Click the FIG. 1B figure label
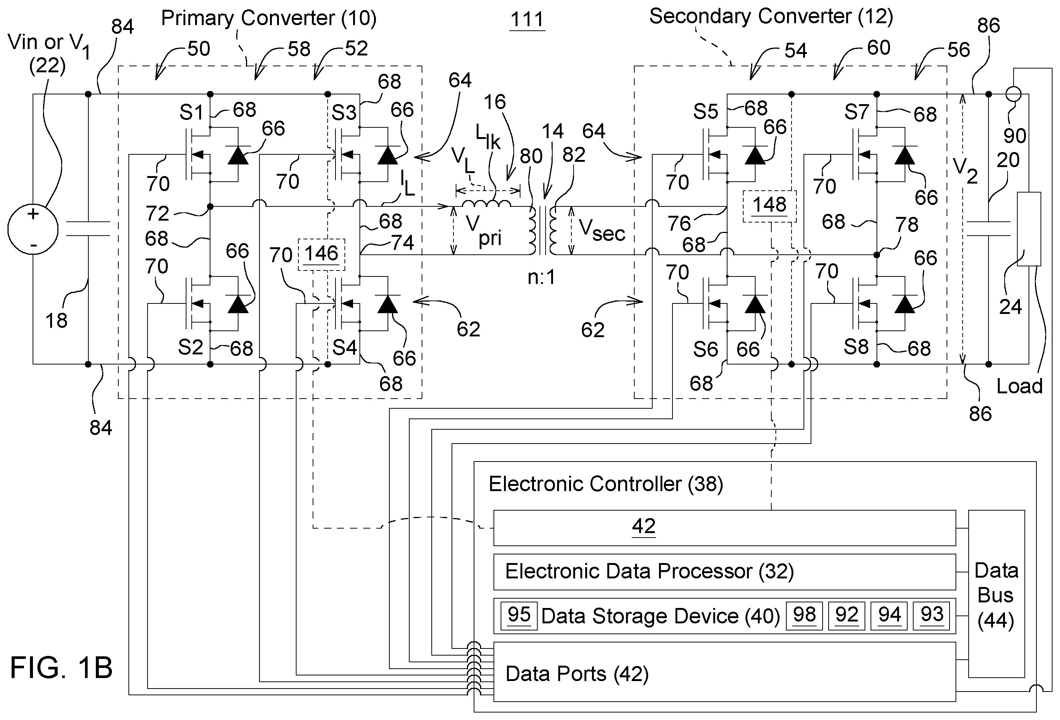[x=61, y=668]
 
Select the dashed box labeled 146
[x=322, y=254]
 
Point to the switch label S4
[x=344, y=347]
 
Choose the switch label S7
[x=857, y=112]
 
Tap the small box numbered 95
[x=519, y=616]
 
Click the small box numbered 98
[x=804, y=616]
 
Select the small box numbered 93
[x=931, y=616]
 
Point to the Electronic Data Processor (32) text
[x=650, y=571]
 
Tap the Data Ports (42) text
[x=577, y=674]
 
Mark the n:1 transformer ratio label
[x=541, y=277]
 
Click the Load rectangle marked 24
[x=1029, y=229]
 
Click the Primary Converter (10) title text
[x=268, y=19]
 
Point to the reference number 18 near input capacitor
[x=57, y=321]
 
